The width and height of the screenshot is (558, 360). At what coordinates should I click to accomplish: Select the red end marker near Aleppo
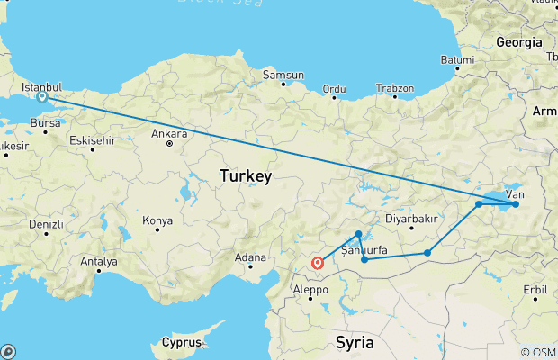click(x=317, y=264)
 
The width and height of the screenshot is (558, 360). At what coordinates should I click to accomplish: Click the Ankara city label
click(x=169, y=134)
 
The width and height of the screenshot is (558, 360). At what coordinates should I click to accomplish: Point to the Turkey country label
click(x=245, y=177)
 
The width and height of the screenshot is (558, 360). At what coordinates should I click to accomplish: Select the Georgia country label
click(x=519, y=42)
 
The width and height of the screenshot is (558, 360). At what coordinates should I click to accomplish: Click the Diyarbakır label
click(x=410, y=218)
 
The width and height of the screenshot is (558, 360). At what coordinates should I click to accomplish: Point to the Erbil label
click(x=535, y=290)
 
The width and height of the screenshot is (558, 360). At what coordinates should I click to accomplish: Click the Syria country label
click(x=354, y=342)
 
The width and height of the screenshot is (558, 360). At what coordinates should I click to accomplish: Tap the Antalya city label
click(x=99, y=262)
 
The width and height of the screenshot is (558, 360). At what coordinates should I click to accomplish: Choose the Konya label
click(x=157, y=220)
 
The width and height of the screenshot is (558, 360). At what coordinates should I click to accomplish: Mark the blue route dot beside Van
click(x=515, y=204)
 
